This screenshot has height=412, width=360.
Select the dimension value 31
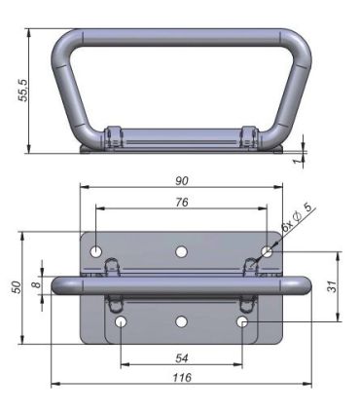331,285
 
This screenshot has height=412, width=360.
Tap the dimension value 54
181,357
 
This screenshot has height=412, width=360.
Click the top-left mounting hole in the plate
96,252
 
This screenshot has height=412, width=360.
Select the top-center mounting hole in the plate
181,252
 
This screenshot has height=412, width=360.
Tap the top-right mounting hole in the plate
266,252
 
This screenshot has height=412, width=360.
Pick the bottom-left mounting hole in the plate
120,321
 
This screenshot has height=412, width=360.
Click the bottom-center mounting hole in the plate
181,321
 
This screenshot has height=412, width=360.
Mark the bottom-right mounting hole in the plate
243,321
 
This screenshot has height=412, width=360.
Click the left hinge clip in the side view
112,136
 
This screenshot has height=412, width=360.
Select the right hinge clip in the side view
251,136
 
